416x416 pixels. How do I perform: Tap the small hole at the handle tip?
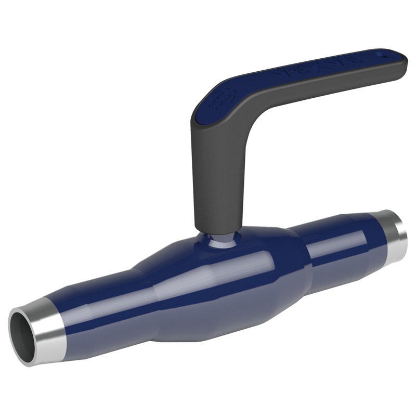pyautogui.click(x=385, y=52)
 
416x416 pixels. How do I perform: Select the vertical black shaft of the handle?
pyautogui.click(x=216, y=177)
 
